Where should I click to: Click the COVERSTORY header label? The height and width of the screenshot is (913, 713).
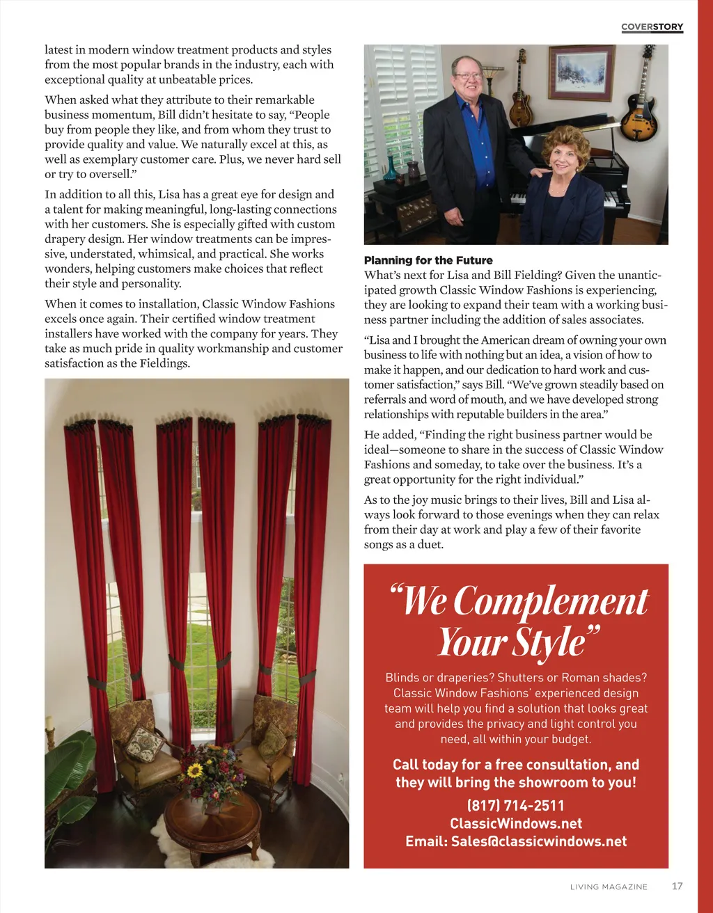652,27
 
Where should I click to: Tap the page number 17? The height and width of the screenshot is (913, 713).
677,886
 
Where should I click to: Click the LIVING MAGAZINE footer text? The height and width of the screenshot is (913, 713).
609,887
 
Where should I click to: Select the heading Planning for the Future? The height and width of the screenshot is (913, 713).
428,260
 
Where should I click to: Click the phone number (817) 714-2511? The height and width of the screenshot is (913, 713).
516,805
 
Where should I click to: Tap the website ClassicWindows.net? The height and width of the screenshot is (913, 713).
516,823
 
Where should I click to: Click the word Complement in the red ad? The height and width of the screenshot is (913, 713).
551,601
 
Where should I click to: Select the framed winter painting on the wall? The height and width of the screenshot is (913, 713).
581,73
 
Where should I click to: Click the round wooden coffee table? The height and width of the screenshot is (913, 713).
212,821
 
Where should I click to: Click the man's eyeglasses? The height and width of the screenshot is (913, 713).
467,76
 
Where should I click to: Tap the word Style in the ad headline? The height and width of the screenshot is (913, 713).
549,642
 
